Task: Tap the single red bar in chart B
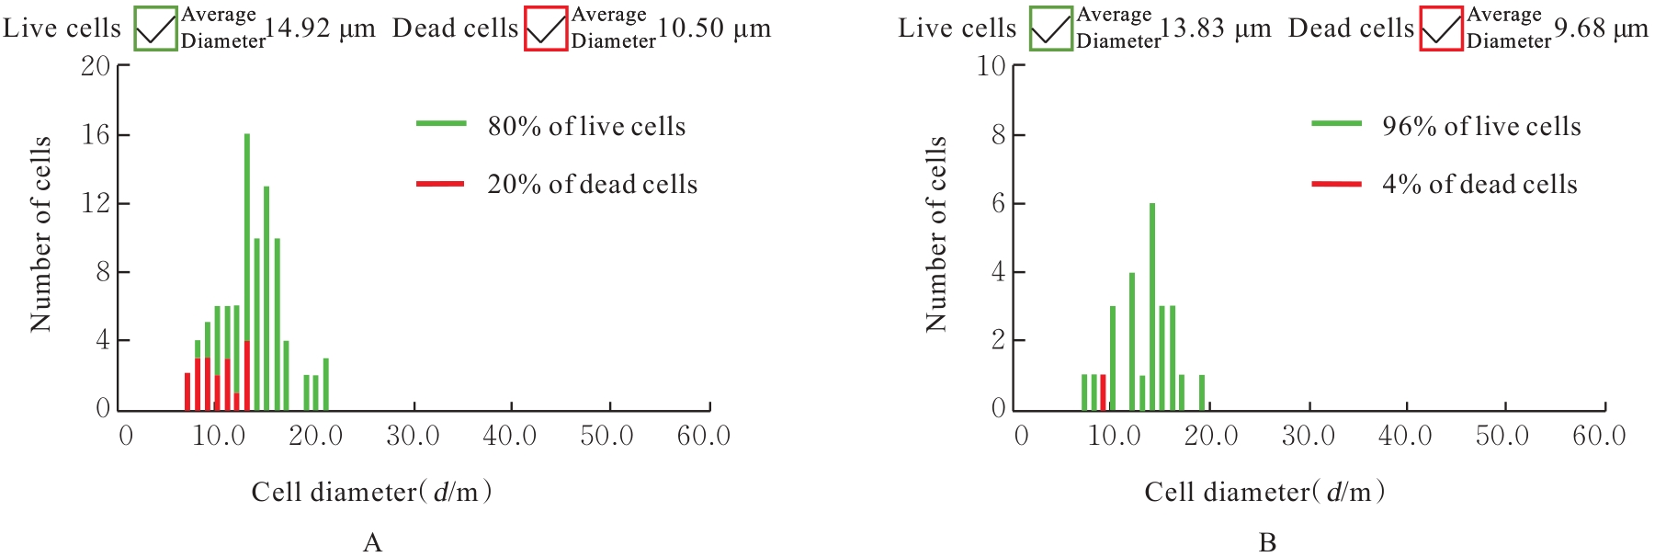pyautogui.click(x=1103, y=392)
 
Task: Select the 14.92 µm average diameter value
pyautogui.click(x=320, y=28)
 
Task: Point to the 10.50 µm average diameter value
pyautogui.click(x=714, y=28)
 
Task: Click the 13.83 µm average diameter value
pyautogui.click(x=1215, y=28)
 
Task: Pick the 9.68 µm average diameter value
pyautogui.click(x=1601, y=28)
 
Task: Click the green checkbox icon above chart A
pyautogui.click(x=155, y=28)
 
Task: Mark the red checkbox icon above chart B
pyautogui.click(x=1441, y=28)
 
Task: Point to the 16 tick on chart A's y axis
pyautogui.click(x=96, y=135)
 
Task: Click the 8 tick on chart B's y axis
pyautogui.click(x=998, y=135)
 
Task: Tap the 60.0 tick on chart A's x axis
pyautogui.click(x=704, y=436)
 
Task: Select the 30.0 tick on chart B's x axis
pyautogui.click(x=1309, y=436)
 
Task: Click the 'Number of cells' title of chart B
pyautogui.click(x=936, y=234)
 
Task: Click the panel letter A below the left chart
pyautogui.click(x=372, y=542)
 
